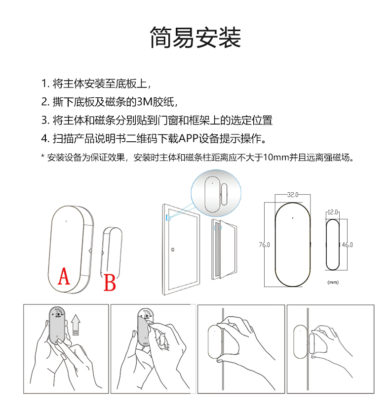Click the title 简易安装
click(195, 38)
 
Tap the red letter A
click(64, 276)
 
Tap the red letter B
click(110, 282)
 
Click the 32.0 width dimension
click(292, 195)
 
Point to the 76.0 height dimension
click(264, 245)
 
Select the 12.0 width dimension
click(332, 212)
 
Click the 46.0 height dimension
click(348, 245)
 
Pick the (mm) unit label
click(333, 282)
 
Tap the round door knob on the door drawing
click(173, 250)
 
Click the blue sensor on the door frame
click(168, 218)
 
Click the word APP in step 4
click(189, 139)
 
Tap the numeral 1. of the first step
click(45, 84)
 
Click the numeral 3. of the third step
click(45, 120)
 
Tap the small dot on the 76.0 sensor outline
click(292, 218)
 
